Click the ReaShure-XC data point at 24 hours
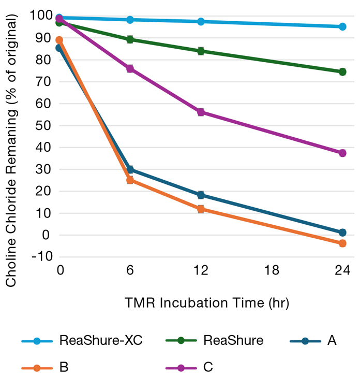click(342, 26)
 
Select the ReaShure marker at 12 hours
click(201, 51)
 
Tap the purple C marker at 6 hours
click(130, 68)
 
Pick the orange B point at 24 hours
click(342, 243)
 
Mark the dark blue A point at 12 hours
click(201, 195)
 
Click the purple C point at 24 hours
click(342, 153)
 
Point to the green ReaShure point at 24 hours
click(342, 72)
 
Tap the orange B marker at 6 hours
click(130, 180)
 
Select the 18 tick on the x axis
click(272, 270)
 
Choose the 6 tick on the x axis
click(130, 270)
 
